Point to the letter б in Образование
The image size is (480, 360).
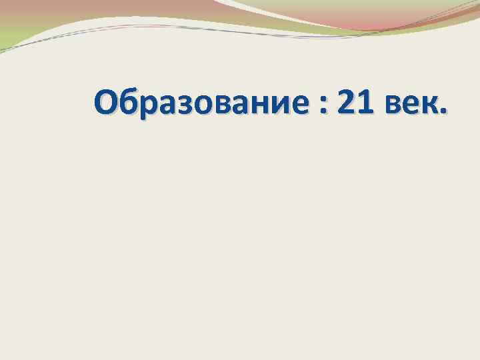pos(131,103)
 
